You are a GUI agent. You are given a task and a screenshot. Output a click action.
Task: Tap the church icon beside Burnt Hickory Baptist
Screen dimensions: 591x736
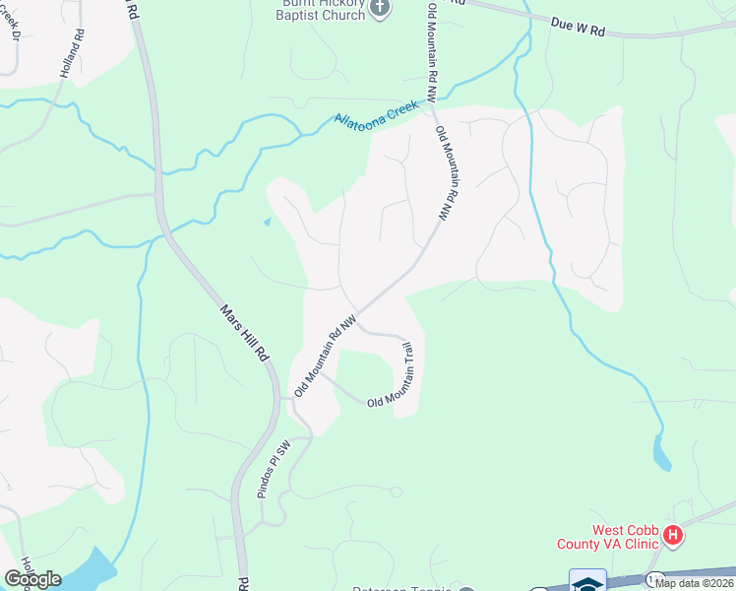coord(379,8)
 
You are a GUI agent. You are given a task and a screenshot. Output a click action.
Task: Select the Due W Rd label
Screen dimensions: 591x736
coord(577,28)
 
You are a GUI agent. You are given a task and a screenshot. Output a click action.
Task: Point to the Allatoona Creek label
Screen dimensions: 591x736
coord(377,119)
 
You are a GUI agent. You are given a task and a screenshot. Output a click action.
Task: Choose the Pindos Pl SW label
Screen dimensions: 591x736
coord(272,468)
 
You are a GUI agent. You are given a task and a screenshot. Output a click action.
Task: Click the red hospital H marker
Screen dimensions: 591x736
coord(673,536)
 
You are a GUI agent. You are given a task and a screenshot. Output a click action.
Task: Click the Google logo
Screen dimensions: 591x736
coord(33,578)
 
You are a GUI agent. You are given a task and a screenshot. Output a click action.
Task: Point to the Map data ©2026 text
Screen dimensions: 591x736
coord(694,582)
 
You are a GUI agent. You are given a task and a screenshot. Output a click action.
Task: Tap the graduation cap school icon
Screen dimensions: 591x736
coord(587,581)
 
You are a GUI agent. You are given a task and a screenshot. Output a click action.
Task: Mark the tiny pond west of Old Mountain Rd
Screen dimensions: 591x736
coord(267,221)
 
